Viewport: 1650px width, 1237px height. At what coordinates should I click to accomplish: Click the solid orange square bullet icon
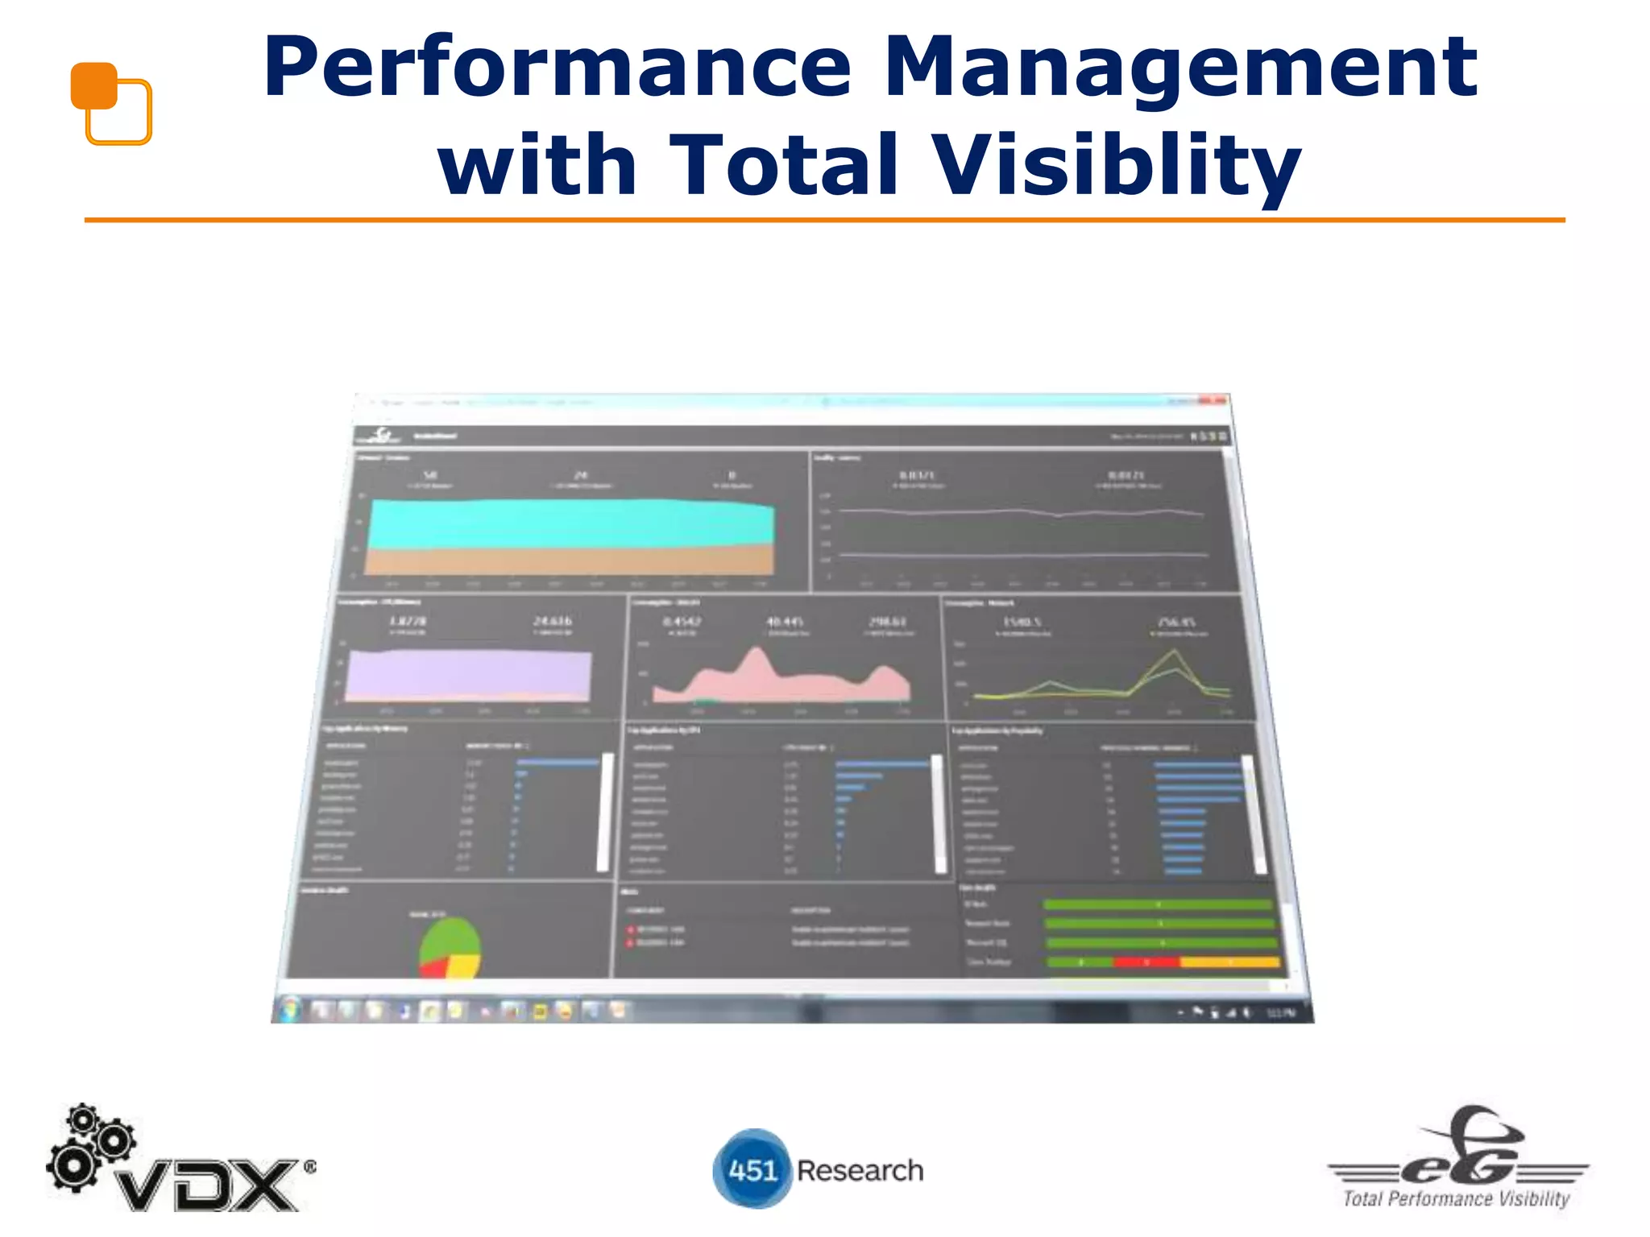[93, 85]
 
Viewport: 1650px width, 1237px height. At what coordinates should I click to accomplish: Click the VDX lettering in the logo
[208, 1185]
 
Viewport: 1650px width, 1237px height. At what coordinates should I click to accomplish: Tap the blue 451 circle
[752, 1169]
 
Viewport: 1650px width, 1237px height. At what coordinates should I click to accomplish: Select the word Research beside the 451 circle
[860, 1170]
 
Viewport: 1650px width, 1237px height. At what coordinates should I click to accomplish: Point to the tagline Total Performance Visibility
[1457, 1199]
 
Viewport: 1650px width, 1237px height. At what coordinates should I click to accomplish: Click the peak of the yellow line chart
[1174, 651]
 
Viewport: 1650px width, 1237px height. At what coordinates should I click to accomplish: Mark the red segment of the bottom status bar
[1146, 962]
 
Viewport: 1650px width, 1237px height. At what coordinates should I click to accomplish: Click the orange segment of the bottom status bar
[1229, 962]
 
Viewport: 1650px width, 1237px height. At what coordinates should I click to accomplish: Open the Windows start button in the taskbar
[290, 1009]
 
